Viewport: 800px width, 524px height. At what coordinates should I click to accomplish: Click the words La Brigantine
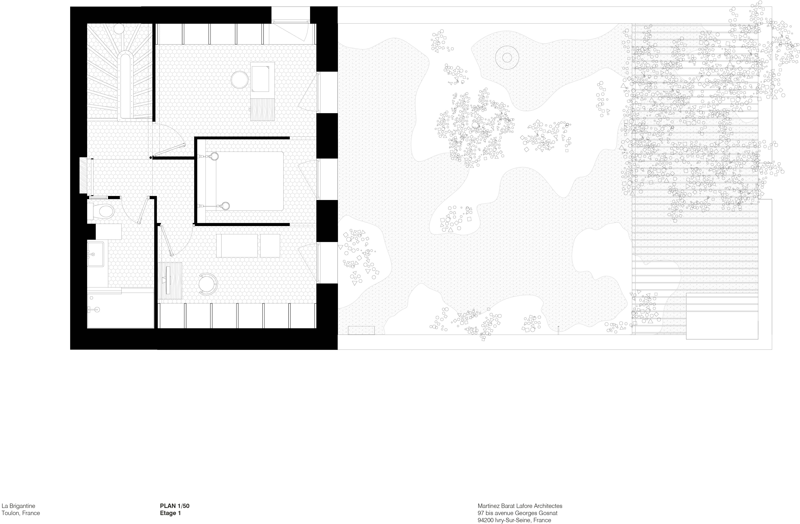click(x=18, y=506)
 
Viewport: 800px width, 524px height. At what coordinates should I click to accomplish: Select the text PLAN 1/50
click(x=174, y=506)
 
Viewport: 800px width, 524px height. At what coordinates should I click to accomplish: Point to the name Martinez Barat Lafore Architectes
click(x=520, y=506)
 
